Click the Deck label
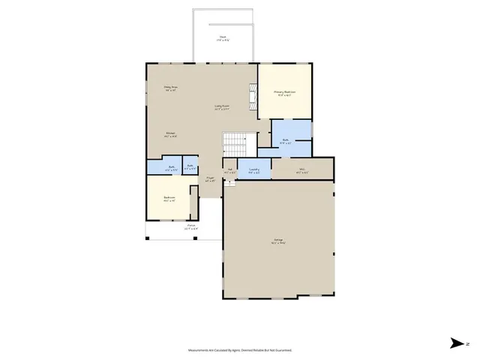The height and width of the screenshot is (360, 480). coord(223,37)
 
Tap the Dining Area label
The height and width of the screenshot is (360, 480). coord(170,88)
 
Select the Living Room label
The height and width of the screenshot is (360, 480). coord(221,106)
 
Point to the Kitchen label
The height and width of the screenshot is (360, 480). coord(171,134)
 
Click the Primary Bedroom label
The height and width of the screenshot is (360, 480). coord(285,93)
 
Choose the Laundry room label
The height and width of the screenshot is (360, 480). coord(254,170)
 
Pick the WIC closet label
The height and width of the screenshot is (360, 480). coord(302,169)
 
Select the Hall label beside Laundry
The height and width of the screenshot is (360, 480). coord(231,170)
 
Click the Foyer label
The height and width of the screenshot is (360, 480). coord(211,179)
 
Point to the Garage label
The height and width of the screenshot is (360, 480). coord(277,241)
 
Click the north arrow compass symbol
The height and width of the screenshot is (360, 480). coord(457,343)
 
